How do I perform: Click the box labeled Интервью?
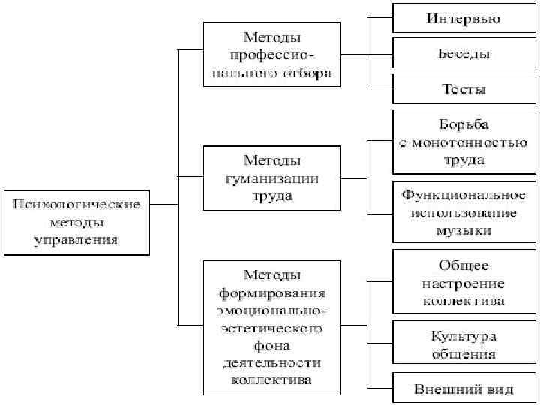[x=463, y=18]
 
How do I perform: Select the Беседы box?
[x=463, y=54]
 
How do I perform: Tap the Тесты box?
[x=463, y=88]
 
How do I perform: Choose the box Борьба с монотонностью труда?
[x=463, y=142]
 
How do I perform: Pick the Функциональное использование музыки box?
[x=463, y=212]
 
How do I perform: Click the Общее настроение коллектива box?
[x=463, y=283]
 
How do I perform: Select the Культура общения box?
[x=463, y=344]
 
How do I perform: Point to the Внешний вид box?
[x=463, y=388]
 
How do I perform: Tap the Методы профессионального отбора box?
[x=271, y=54]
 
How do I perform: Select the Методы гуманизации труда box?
[x=271, y=178]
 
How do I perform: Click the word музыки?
[x=463, y=230]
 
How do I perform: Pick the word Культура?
[x=463, y=335]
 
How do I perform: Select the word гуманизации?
[x=271, y=178]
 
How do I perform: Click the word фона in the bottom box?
[x=271, y=345]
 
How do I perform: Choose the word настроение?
[x=463, y=283]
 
